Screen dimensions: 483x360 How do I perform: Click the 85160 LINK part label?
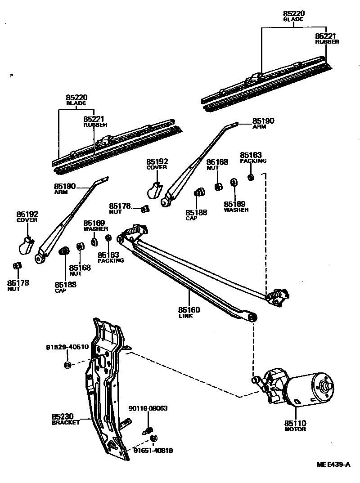point(189,312)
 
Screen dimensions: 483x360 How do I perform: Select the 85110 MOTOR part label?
point(295,425)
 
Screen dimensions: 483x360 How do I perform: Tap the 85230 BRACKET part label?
point(66,419)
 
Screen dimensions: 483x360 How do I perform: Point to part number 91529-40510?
point(67,347)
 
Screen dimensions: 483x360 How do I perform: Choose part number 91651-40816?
point(153,450)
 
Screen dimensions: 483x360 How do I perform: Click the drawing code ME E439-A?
point(333,465)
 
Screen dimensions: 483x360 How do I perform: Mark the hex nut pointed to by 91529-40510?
point(67,364)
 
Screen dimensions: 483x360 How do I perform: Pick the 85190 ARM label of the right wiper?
point(263,123)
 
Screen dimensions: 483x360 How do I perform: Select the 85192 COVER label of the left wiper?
point(27,216)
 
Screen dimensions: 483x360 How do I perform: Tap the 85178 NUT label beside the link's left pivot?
point(120,208)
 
